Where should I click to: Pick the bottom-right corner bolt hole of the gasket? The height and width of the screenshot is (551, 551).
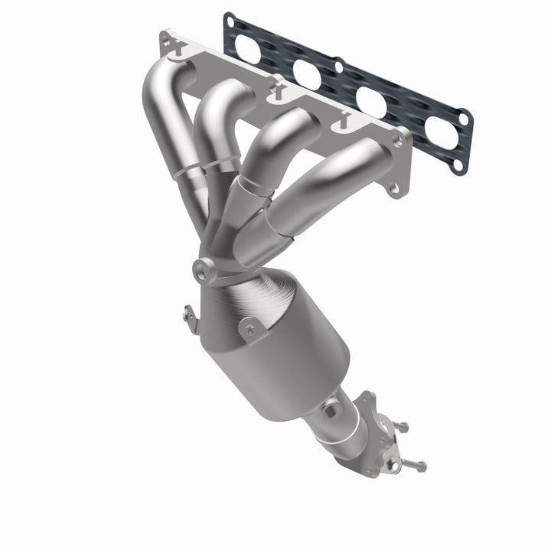458,163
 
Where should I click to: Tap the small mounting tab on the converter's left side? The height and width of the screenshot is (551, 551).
188,314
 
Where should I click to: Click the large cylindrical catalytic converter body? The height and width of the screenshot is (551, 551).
295,352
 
